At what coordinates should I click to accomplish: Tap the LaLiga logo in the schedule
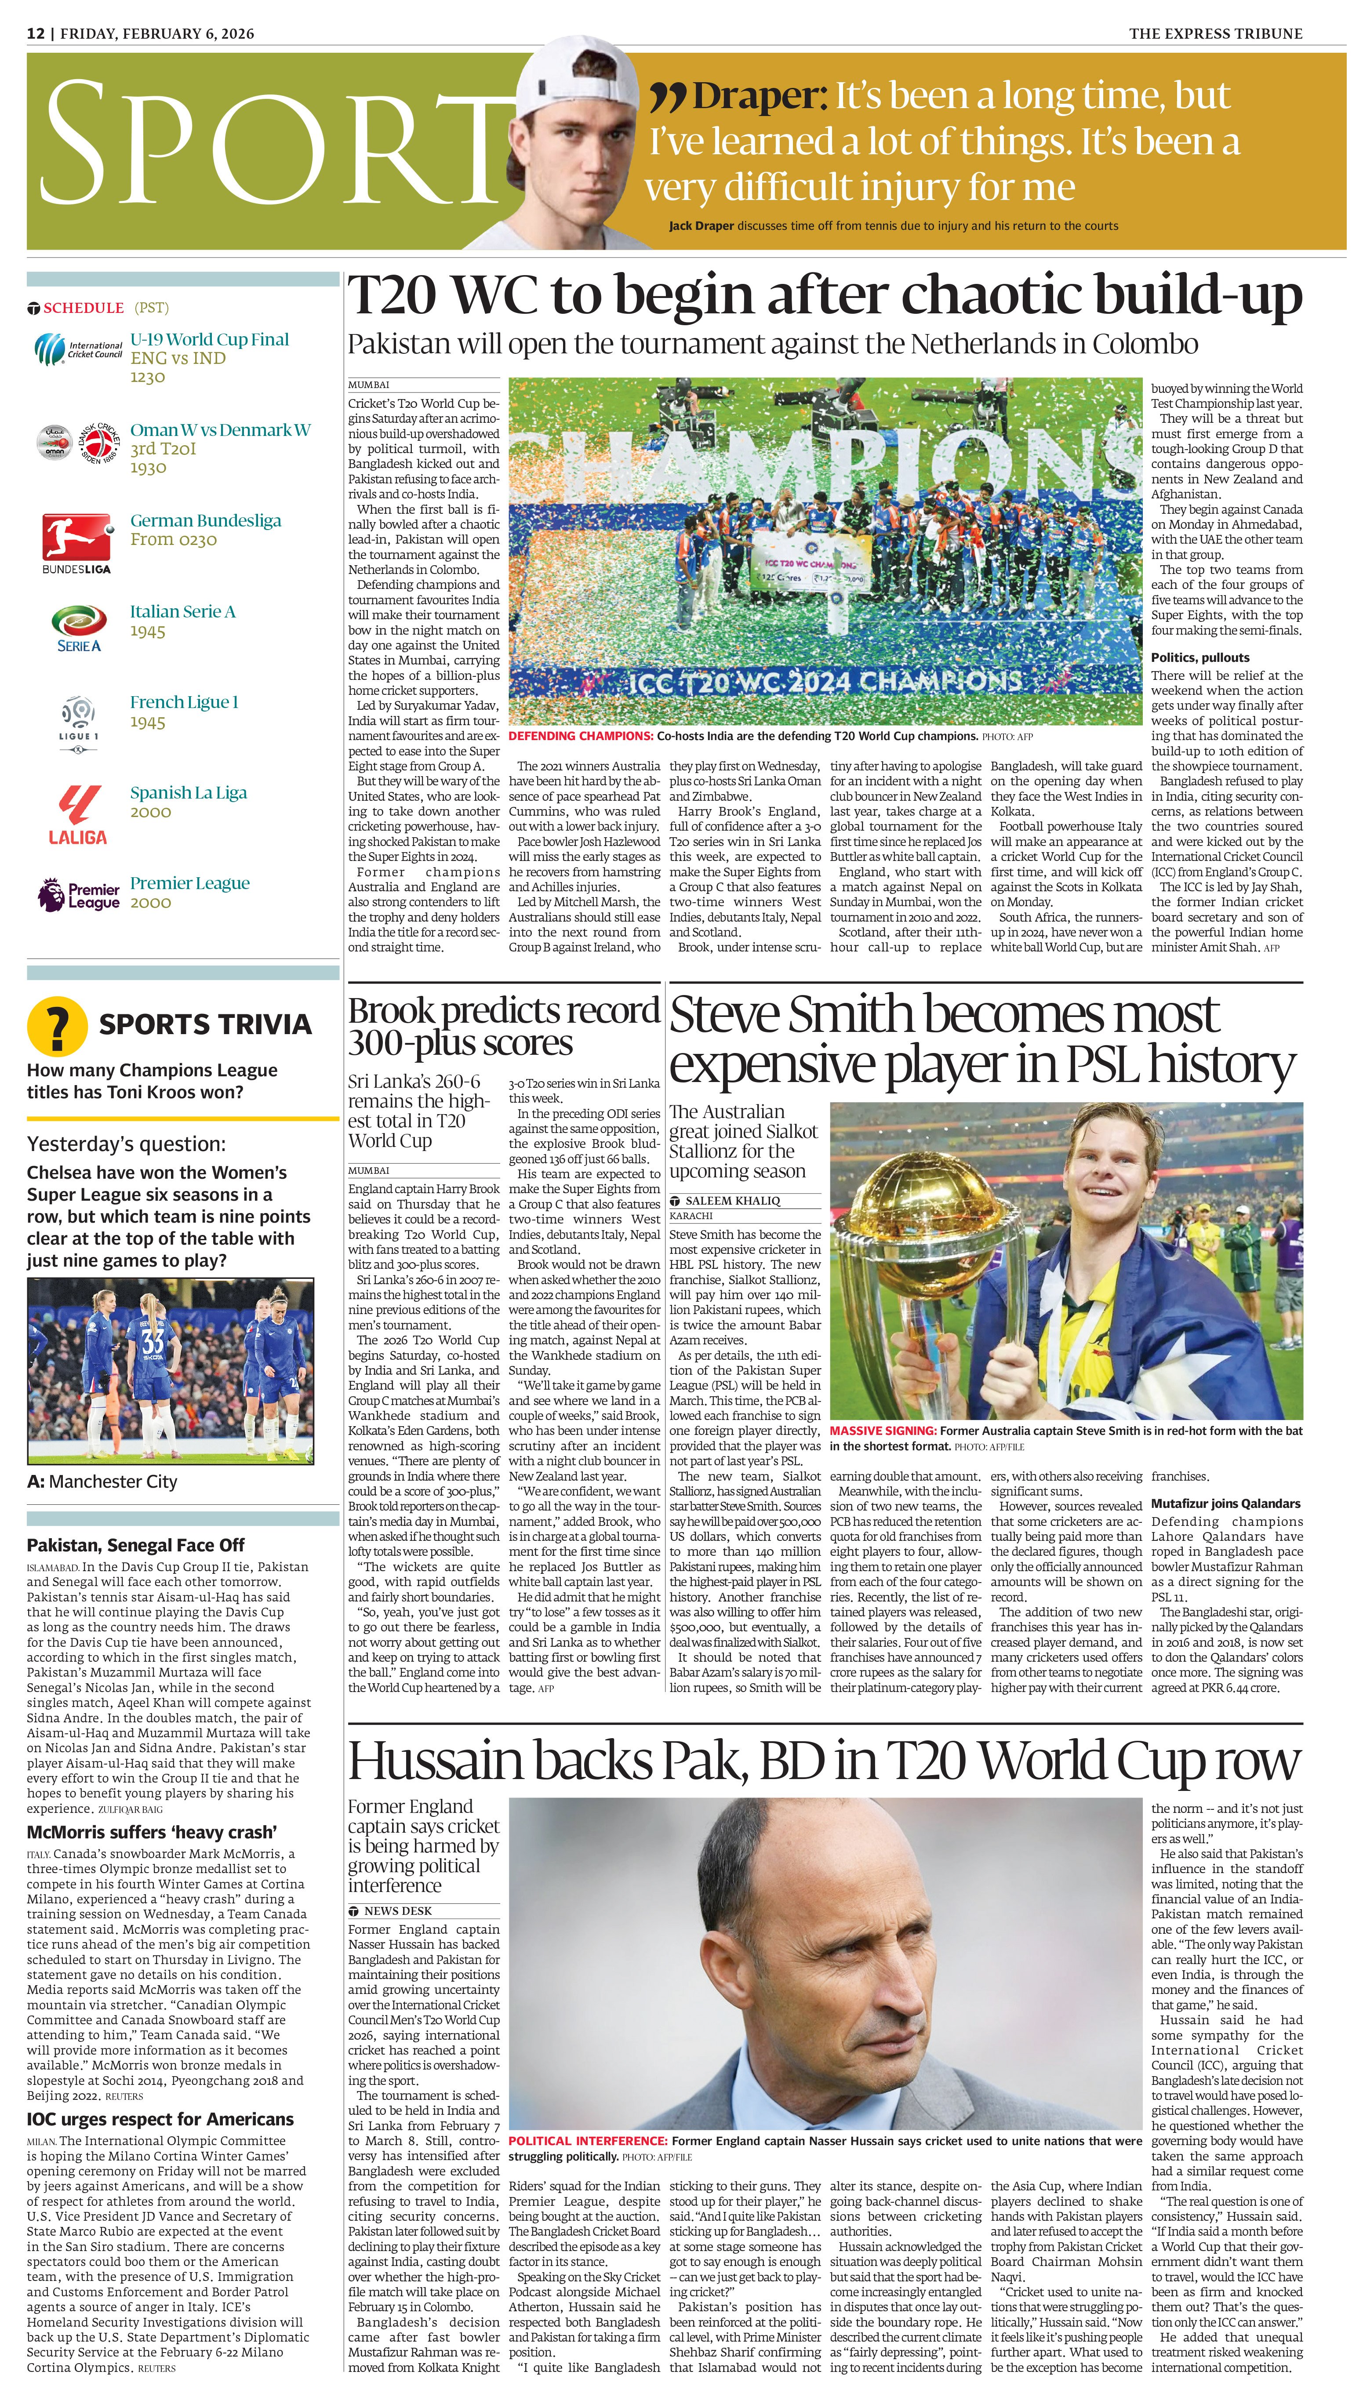coord(78,814)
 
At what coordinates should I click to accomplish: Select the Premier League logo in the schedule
coord(79,895)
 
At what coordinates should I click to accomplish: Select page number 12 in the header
coord(36,34)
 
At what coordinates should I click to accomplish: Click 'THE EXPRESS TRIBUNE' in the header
coord(1215,34)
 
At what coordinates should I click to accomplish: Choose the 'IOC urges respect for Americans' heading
coord(160,2120)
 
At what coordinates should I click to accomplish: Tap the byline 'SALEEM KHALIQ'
coord(732,1201)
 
